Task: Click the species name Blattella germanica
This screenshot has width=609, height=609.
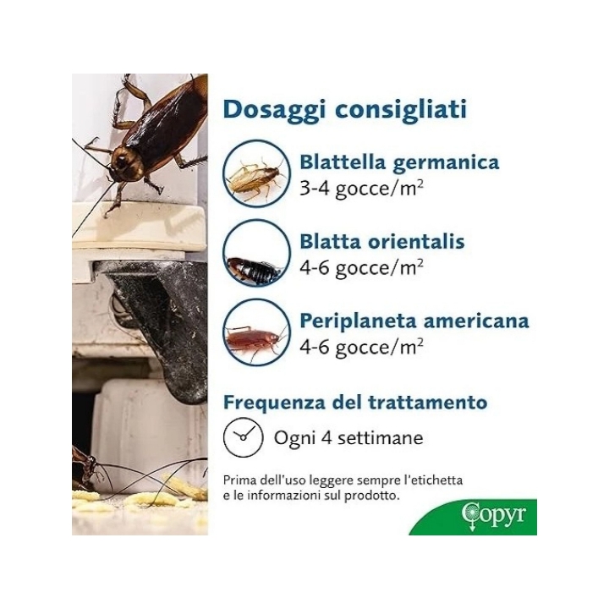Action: pos(399,162)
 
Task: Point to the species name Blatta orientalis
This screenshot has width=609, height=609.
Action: pos(381,242)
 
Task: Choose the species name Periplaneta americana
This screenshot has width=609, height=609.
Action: pos(414,321)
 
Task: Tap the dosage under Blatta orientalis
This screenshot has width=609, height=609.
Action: pos(361,268)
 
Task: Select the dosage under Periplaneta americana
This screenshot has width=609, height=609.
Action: pos(361,348)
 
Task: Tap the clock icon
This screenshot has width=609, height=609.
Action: pos(239,437)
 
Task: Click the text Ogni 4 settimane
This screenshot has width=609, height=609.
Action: pos(348,438)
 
